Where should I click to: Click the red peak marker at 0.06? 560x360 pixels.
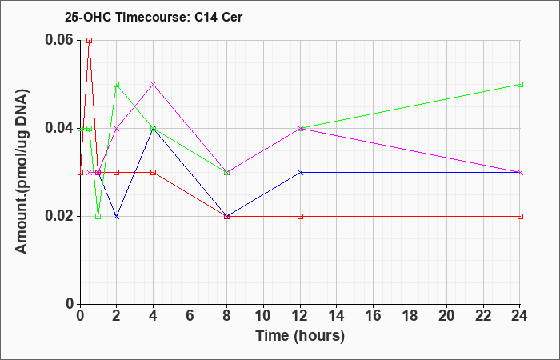click(90, 40)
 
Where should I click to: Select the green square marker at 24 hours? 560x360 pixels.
click(520, 84)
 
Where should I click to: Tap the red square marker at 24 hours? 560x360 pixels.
click(520, 217)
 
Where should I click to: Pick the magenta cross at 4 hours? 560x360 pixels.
click(154, 84)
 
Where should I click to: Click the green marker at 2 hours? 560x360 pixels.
click(117, 84)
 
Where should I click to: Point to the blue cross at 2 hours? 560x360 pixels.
click(117, 217)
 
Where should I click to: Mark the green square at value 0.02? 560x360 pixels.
click(98, 217)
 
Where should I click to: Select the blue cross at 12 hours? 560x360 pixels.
click(300, 173)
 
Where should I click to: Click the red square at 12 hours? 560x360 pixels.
click(300, 217)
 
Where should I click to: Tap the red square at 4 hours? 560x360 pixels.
click(154, 173)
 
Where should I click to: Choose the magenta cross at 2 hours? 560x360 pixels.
click(117, 129)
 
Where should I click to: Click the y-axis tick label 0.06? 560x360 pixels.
click(58, 40)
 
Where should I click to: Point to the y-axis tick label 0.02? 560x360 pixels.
click(58, 216)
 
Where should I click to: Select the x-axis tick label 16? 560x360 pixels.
click(374, 316)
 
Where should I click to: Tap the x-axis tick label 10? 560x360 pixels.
click(263, 316)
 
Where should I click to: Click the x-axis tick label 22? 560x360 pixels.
click(483, 316)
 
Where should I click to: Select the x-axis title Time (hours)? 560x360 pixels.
click(300, 336)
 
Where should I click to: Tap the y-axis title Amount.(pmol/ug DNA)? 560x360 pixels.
click(22, 171)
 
